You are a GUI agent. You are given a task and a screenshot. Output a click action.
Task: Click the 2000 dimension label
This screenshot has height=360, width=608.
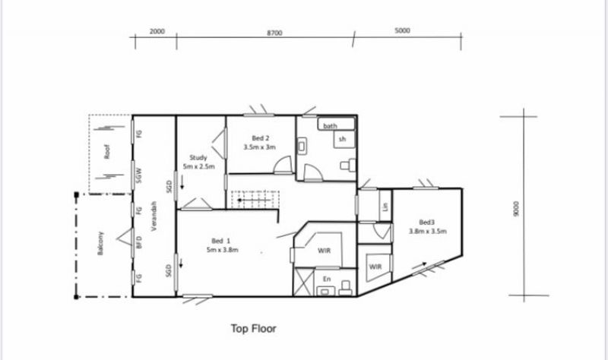157,31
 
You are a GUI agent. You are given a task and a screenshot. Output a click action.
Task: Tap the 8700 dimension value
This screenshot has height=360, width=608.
274,33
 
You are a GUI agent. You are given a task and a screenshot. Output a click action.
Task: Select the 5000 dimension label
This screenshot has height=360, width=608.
402,30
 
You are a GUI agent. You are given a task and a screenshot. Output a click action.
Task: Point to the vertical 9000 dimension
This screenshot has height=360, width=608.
515,209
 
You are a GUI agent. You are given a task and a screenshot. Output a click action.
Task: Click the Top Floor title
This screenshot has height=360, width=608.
254,329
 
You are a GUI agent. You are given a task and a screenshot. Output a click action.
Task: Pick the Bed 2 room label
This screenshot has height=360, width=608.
261,138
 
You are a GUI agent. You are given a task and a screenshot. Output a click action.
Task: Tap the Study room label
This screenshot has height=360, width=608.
198,158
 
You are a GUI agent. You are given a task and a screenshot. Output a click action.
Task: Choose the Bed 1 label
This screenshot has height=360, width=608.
220,241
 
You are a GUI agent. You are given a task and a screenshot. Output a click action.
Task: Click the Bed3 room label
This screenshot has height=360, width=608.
426,223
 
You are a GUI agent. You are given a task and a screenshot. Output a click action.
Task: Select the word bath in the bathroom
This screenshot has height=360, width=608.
330,126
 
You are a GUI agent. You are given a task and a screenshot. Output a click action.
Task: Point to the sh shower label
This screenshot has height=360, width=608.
342,139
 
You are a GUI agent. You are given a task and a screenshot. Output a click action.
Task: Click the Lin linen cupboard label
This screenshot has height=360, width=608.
385,207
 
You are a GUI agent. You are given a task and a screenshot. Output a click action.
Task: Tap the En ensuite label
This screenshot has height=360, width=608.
327,279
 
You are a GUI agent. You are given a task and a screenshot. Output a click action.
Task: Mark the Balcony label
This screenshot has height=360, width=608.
100,243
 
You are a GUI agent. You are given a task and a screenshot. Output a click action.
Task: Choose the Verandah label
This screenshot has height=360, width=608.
154,216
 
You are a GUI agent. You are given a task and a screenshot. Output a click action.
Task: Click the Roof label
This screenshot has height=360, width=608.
106,151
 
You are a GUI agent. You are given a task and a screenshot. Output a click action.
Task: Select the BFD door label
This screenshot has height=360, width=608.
140,242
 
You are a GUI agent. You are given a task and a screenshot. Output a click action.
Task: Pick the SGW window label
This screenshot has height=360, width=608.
140,175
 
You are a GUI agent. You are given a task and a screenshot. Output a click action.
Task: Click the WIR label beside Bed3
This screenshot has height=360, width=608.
375,267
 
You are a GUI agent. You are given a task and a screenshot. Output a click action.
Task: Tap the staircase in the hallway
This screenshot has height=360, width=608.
255,200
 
